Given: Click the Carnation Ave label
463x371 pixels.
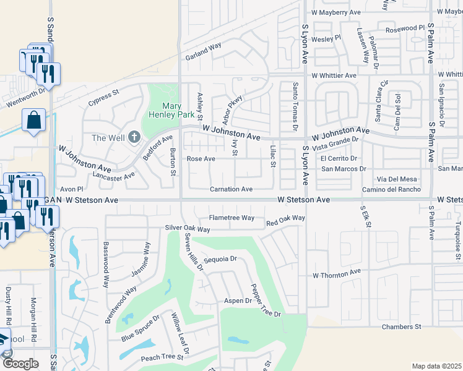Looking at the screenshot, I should [x=231, y=189].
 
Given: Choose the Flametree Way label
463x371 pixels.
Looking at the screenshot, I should [x=231, y=218].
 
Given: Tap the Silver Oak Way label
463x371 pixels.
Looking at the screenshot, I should [x=188, y=229].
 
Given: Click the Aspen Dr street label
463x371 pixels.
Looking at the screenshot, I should [x=238, y=301].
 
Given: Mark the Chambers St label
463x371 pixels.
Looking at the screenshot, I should [x=401, y=326].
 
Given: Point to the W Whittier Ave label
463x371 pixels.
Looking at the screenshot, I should [x=334, y=75].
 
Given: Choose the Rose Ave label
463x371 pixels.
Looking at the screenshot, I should [x=201, y=159].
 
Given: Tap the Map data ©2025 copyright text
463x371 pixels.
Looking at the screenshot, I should [x=436, y=366].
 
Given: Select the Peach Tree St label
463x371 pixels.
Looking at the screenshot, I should [x=159, y=357].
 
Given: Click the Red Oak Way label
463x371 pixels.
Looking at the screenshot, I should [x=285, y=218].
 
